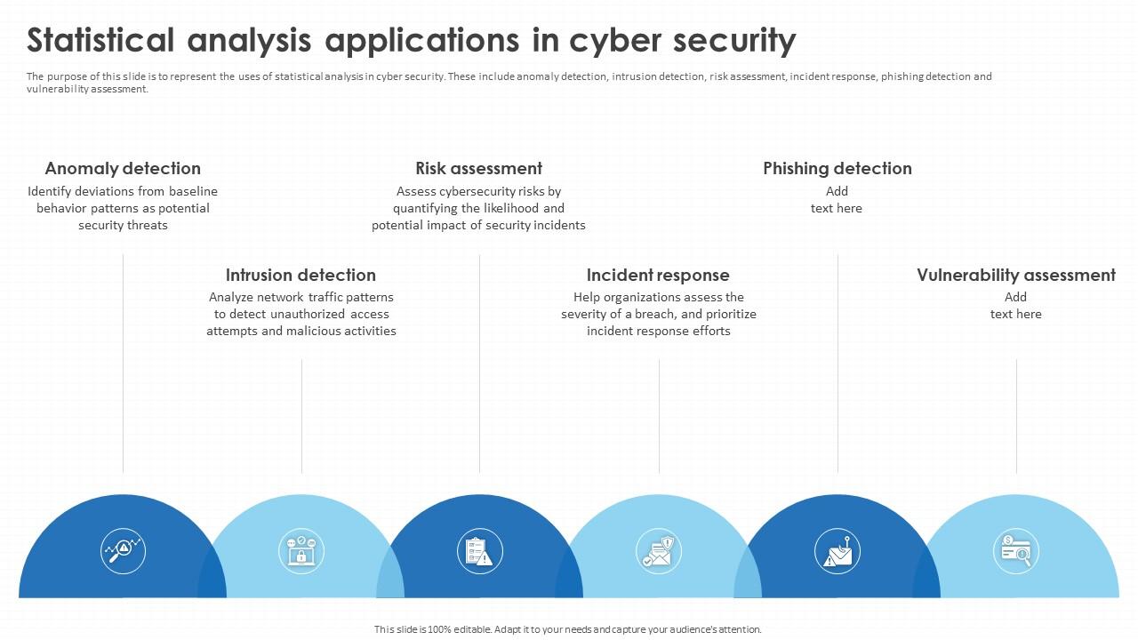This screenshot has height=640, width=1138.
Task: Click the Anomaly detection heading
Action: pos(123,168)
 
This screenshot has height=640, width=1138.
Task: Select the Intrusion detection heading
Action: pos(301,275)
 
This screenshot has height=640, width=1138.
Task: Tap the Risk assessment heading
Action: pos(478,168)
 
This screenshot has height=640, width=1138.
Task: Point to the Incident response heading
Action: pos(658,275)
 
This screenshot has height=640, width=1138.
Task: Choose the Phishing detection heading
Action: pos(837,168)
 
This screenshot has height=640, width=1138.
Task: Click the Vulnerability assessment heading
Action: pos(1016,275)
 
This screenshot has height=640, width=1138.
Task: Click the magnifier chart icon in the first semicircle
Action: pos(123,550)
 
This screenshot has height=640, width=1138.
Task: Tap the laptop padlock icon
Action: pos(301,550)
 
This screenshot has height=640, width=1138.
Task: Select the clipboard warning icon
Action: pos(479,550)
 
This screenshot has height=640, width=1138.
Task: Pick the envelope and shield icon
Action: pos(659,550)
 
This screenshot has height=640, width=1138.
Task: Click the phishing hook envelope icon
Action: pos(837,550)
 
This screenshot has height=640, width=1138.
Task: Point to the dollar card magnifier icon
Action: pos(1016,550)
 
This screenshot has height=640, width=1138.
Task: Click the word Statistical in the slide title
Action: pos(100,41)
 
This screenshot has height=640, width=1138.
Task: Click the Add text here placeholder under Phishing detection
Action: pos(837,200)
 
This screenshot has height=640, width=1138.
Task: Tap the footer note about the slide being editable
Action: pos(568,629)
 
